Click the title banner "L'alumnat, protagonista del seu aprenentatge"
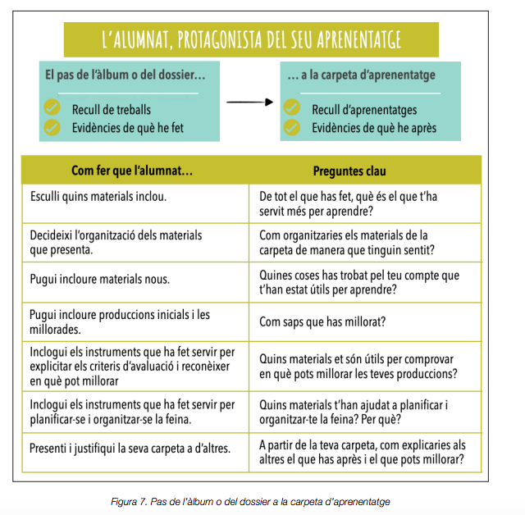click(251, 38)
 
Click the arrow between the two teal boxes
click(249, 103)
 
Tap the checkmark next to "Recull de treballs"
click(52, 107)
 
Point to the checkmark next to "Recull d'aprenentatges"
click(292, 107)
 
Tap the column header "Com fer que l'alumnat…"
click(132, 171)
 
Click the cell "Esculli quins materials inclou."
click(98, 197)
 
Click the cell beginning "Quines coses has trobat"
click(359, 282)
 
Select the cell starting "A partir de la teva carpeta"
click(361, 453)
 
